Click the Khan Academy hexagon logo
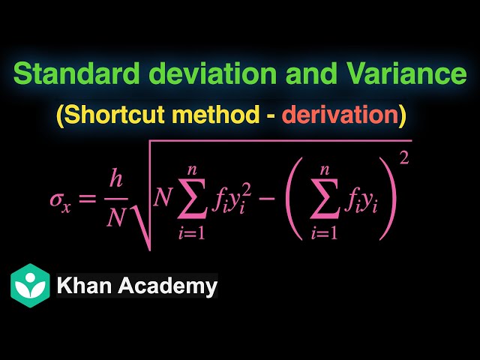(30, 285)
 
